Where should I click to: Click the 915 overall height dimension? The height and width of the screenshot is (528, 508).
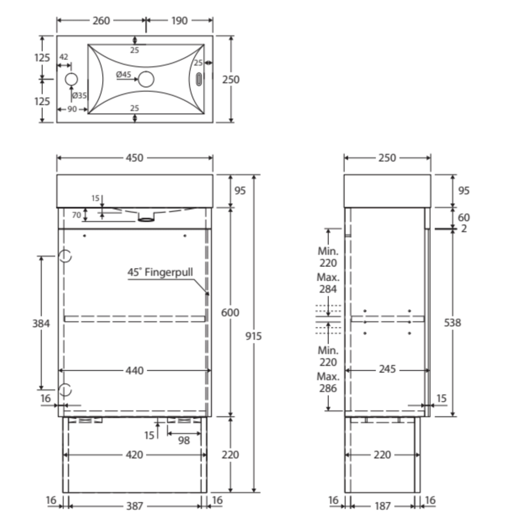click(254, 336)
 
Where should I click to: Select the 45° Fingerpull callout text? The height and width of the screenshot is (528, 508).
click(160, 272)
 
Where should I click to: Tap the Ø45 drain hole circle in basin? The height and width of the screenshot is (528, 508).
click(146, 79)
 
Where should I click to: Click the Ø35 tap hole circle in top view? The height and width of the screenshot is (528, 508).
click(71, 79)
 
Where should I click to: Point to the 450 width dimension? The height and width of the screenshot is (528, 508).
click(135, 158)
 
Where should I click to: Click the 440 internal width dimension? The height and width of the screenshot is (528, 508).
click(135, 370)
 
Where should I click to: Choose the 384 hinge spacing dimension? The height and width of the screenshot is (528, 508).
click(41, 323)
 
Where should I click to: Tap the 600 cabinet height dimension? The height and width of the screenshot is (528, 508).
click(230, 312)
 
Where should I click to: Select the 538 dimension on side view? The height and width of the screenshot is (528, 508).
click(453, 322)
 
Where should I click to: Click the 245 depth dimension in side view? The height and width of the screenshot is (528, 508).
click(387, 369)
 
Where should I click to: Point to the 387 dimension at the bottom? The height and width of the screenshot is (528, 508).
click(135, 506)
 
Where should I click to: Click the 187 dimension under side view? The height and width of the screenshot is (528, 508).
click(383, 506)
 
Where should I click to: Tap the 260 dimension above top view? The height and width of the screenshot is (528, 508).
click(101, 20)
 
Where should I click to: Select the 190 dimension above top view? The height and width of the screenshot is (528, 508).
click(179, 20)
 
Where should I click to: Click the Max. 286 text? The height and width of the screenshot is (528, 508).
click(328, 382)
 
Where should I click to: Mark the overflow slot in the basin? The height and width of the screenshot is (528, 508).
click(199, 80)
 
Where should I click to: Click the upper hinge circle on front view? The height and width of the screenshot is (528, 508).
click(65, 256)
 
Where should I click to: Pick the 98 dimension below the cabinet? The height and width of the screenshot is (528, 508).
click(184, 441)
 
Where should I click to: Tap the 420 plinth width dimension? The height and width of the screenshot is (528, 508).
click(135, 454)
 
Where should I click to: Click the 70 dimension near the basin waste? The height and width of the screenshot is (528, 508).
click(77, 215)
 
